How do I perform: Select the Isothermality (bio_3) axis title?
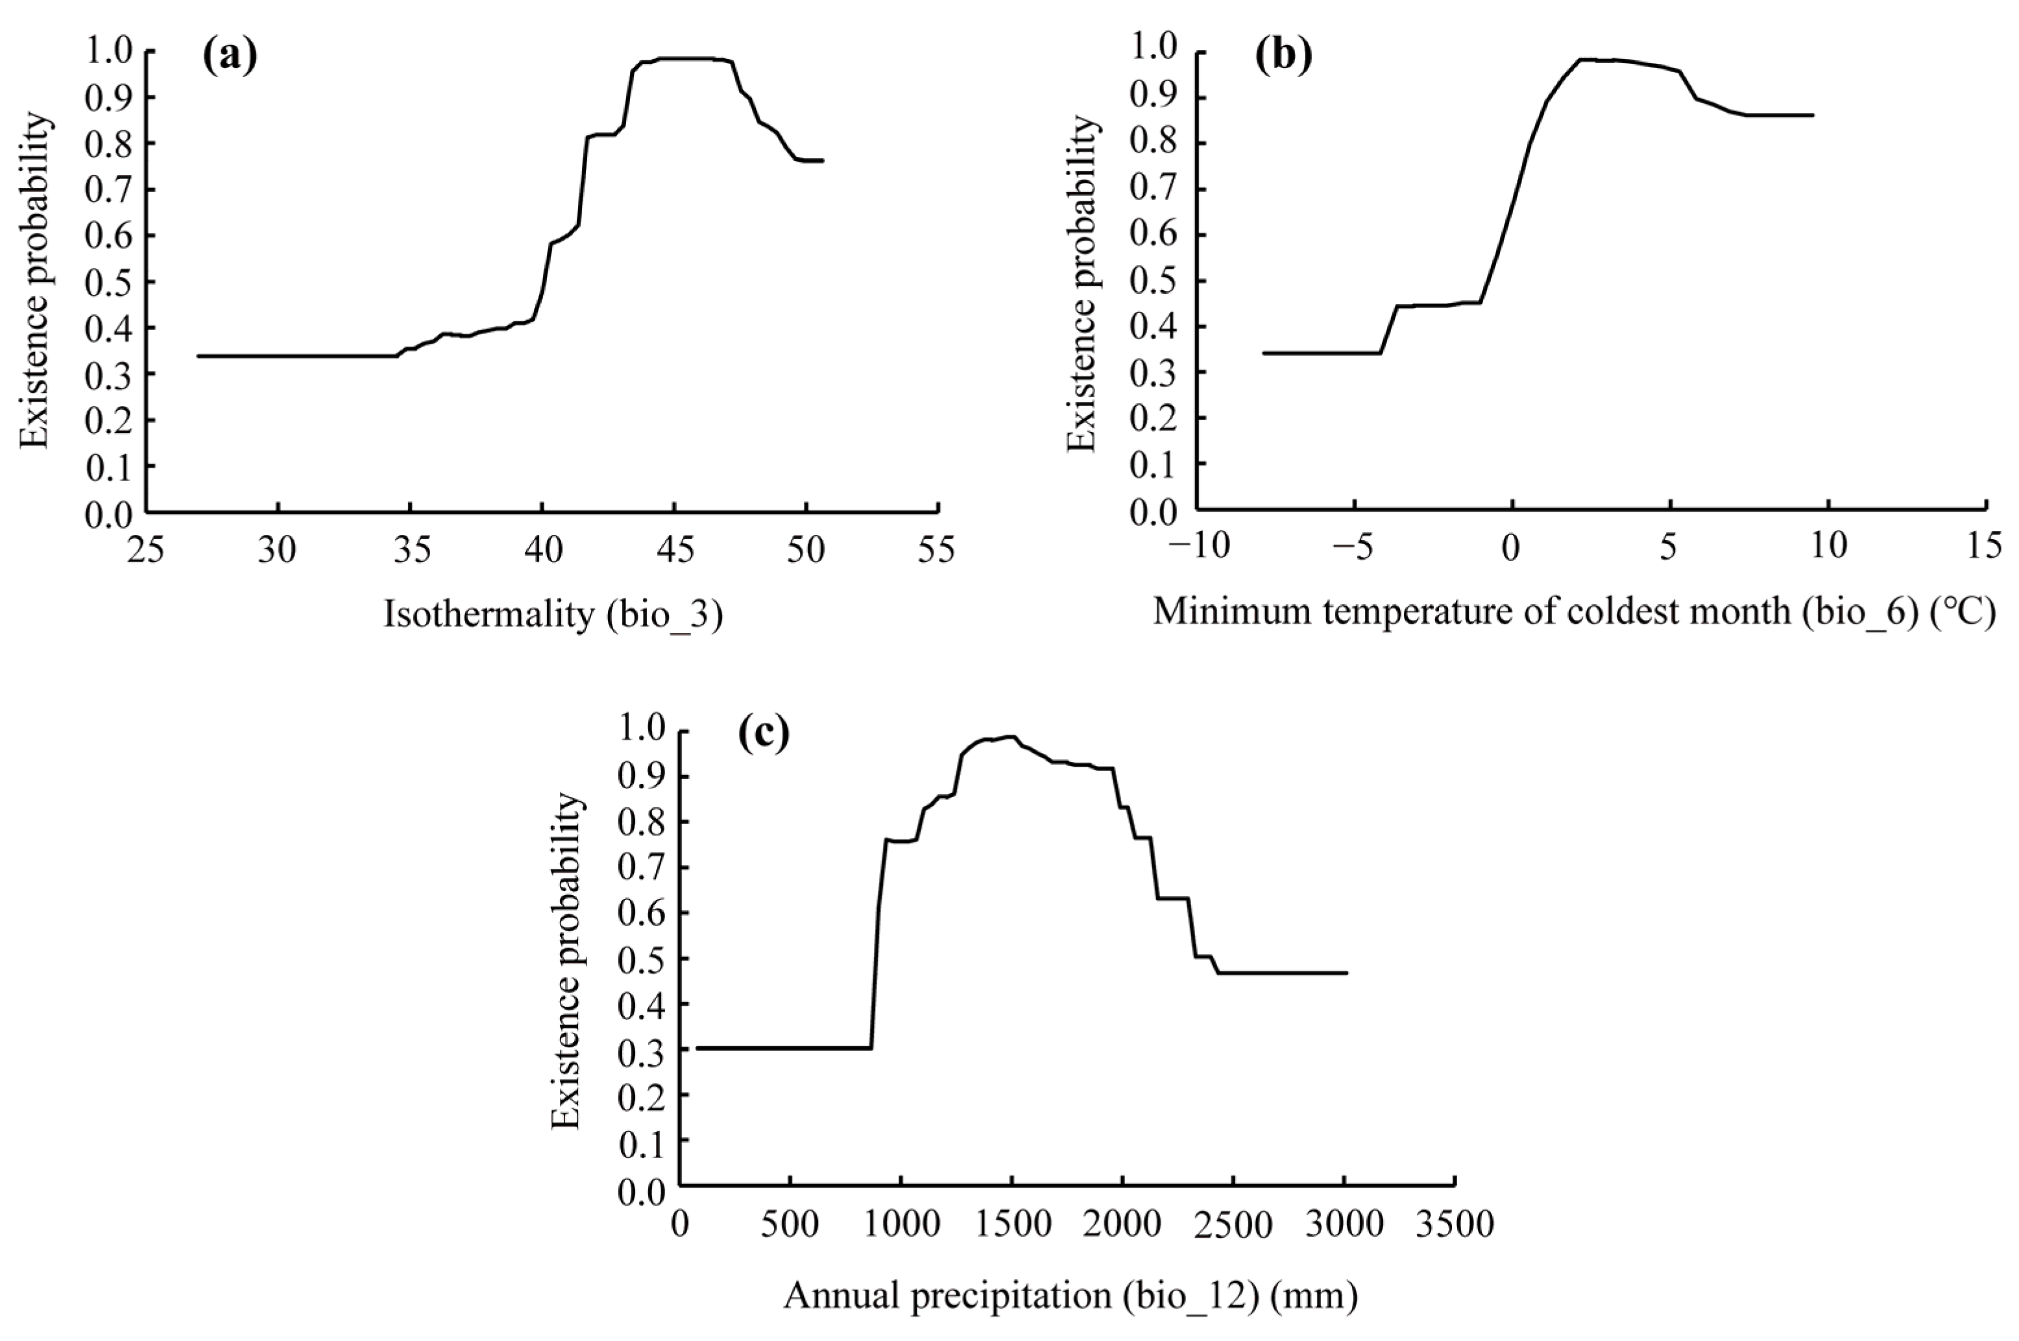click(x=553, y=615)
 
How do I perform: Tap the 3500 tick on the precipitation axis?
click(x=1455, y=1225)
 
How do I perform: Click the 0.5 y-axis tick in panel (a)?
click(x=108, y=281)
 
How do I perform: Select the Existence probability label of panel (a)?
click(x=35, y=281)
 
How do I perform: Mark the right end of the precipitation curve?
click(x=1347, y=973)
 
